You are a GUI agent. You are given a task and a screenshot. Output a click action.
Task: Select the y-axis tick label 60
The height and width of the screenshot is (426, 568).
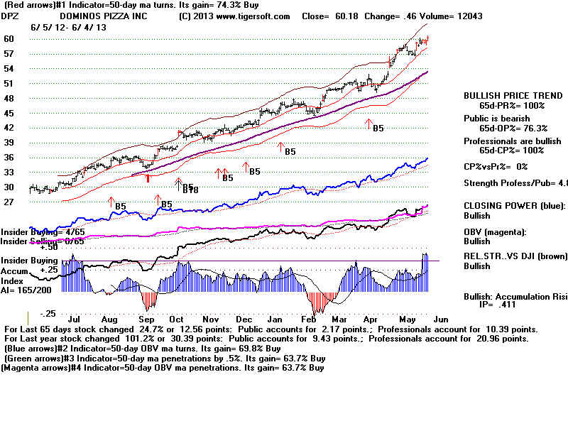(x=10, y=39)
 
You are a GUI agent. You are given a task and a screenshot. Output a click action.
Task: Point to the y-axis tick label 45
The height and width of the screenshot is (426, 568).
(x=10, y=114)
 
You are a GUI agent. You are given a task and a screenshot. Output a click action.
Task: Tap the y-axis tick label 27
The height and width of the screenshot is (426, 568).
(x=10, y=202)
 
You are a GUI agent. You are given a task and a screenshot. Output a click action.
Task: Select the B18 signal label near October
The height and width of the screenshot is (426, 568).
(x=190, y=189)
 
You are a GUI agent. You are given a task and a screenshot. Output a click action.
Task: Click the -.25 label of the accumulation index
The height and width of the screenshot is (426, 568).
(x=48, y=313)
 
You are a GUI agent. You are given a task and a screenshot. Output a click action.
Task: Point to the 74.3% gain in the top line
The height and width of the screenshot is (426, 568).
(x=197, y=5)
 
